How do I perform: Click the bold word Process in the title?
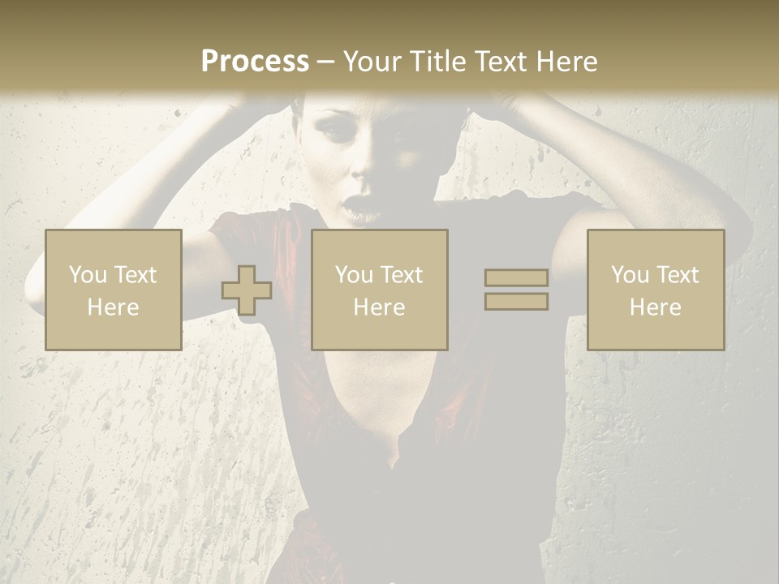coord(255,62)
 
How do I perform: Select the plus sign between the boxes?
coord(247,290)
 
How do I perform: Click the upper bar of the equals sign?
coord(516,278)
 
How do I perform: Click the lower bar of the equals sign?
coord(516,302)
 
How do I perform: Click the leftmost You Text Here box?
coord(114,290)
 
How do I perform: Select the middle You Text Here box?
coord(380,290)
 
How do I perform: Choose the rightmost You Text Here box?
coord(656,290)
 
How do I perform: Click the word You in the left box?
coord(87,275)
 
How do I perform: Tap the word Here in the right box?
coord(656,307)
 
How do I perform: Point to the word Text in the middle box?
coord(402,275)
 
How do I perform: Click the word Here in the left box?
coord(114,307)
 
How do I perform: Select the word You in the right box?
coord(630,275)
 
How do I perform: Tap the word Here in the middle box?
coord(380,307)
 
